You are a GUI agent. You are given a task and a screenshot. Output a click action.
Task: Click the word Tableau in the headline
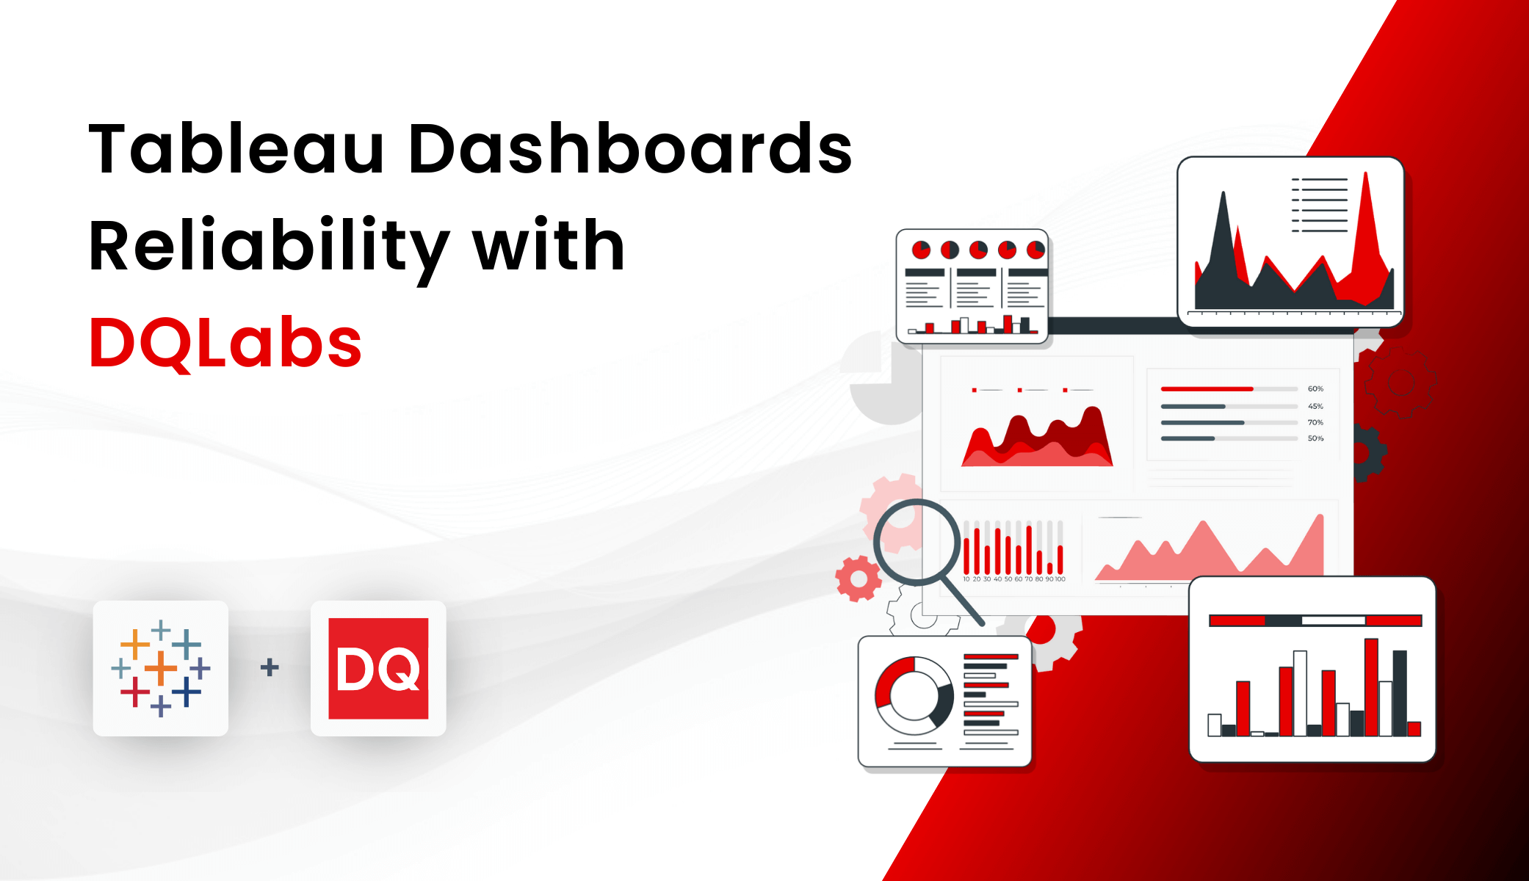point(236,149)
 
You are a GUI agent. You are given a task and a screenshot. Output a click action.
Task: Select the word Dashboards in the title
point(630,149)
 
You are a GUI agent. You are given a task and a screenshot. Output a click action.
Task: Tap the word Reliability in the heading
point(269,247)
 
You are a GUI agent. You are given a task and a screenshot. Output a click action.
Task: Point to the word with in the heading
point(549,247)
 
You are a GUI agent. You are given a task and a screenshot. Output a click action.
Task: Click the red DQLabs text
point(225,344)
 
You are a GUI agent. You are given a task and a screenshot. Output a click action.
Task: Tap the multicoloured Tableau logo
point(161,668)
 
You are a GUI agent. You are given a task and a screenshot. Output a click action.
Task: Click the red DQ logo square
point(378,668)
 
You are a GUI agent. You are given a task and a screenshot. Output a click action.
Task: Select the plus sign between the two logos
point(270,667)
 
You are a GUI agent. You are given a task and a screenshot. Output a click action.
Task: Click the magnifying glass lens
point(917,543)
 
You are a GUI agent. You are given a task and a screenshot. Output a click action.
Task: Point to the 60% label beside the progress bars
point(1315,389)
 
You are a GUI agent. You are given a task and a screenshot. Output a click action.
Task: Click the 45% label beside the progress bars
point(1315,406)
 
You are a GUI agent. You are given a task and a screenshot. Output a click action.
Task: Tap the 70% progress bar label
point(1315,423)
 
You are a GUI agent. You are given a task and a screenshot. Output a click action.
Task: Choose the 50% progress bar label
point(1315,439)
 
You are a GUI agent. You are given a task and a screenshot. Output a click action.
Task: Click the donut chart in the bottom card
point(914,695)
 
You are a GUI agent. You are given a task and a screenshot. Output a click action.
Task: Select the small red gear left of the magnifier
point(858,579)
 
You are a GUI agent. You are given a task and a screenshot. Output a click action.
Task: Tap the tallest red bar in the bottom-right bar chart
point(1371,686)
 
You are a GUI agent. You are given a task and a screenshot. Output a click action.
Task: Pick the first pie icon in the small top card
point(921,250)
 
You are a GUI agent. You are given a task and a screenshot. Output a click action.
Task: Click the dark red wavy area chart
point(1037,440)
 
